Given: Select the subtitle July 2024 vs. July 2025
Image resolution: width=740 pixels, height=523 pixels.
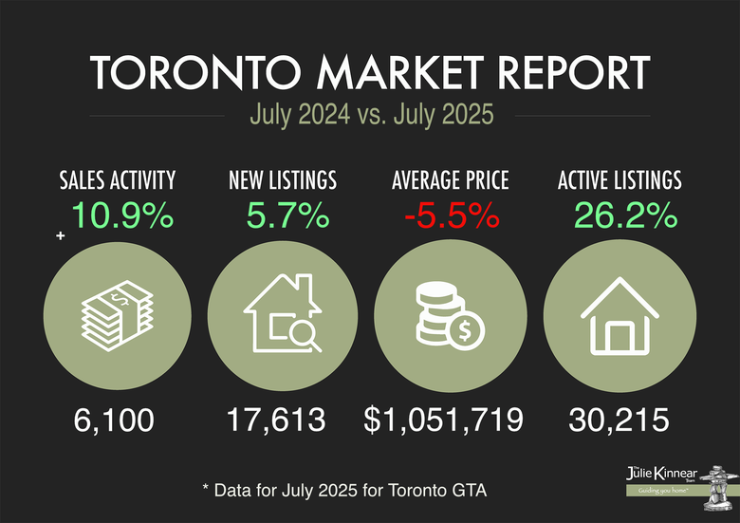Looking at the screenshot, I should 371,117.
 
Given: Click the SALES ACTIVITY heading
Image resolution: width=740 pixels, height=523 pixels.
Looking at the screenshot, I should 118,179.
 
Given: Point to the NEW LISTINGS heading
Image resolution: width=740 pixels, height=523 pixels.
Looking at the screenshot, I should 283,179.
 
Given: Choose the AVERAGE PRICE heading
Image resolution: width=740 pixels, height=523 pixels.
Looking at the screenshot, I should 450,179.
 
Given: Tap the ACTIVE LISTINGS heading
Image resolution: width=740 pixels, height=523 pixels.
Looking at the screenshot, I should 618,179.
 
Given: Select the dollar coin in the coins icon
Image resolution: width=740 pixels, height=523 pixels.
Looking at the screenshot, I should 466,333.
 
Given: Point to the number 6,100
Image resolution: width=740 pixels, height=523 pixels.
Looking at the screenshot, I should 114,420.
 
